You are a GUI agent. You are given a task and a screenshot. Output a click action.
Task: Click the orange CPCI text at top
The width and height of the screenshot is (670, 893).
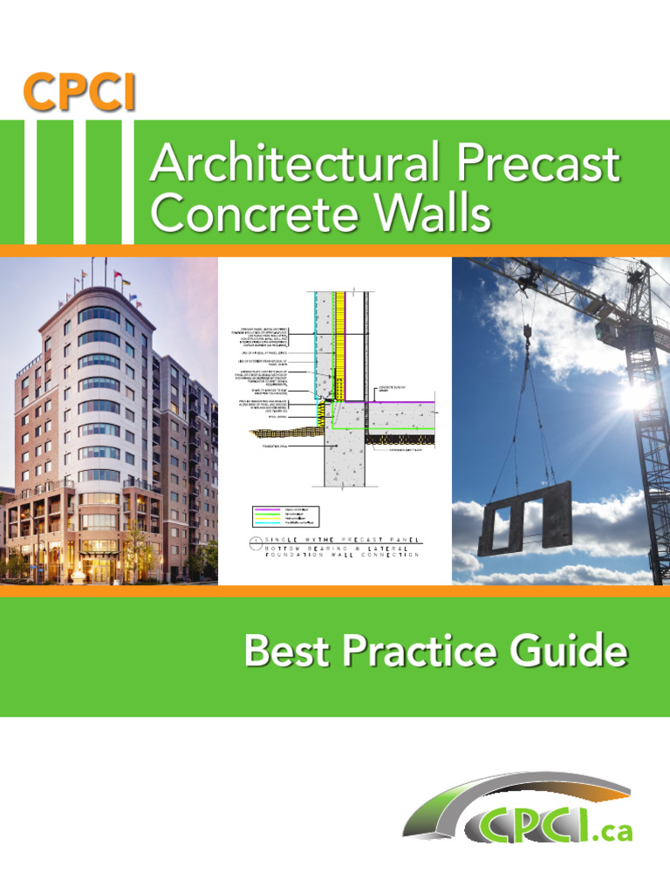(79, 93)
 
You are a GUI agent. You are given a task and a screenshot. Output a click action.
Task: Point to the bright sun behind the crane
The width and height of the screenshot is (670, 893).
(638, 395)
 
